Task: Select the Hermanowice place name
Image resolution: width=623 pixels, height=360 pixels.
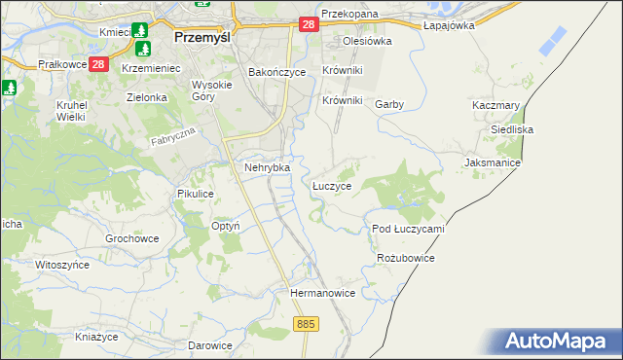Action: coord(322,292)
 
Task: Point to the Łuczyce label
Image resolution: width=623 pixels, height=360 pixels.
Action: coord(332,184)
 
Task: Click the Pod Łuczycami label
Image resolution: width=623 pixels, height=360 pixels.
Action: coord(408,229)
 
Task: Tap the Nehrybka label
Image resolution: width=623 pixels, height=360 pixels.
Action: coord(266,167)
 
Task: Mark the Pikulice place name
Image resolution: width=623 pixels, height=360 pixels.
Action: coord(195,194)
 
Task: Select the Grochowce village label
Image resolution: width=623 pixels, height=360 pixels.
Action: coord(131,237)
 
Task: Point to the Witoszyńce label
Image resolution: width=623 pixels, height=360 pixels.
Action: coord(61,264)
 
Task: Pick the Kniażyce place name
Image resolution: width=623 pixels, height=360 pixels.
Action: coord(96,337)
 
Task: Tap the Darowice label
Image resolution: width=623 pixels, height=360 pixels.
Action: coord(209,345)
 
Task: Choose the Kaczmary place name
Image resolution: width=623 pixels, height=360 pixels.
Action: coord(495,105)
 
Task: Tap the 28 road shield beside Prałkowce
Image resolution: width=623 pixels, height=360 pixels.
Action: coord(98,65)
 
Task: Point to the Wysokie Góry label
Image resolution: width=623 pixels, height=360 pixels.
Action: coord(210,90)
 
